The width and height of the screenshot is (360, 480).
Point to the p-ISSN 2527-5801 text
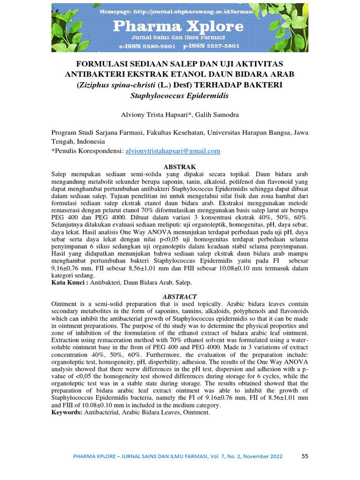click(x=212, y=46)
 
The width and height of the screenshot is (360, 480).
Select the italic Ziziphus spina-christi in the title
click(x=113, y=85)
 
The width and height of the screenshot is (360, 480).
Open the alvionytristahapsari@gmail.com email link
click(x=172, y=151)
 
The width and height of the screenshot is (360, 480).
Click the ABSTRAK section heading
click(x=180, y=167)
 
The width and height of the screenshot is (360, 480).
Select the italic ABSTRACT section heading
click(x=180, y=297)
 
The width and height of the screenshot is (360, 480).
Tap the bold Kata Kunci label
click(x=69, y=283)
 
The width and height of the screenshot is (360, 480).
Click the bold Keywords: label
click(x=66, y=412)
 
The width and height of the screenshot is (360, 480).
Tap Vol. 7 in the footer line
click(x=212, y=457)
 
